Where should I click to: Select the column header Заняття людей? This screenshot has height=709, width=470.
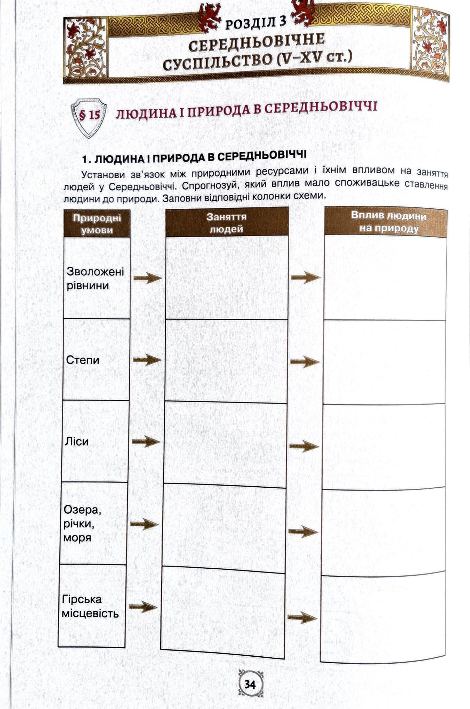tap(227, 223)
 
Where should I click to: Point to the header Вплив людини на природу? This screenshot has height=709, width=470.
tap(388, 222)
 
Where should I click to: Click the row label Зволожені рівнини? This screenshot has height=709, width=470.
tap(95, 278)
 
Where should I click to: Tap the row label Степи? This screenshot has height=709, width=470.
tap(83, 360)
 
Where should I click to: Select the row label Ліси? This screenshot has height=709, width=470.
tap(77, 441)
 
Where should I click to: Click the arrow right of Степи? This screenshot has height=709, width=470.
tap(147, 360)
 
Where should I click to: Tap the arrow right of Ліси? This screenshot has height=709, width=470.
tap(146, 441)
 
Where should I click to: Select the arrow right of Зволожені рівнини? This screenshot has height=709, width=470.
tap(148, 278)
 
